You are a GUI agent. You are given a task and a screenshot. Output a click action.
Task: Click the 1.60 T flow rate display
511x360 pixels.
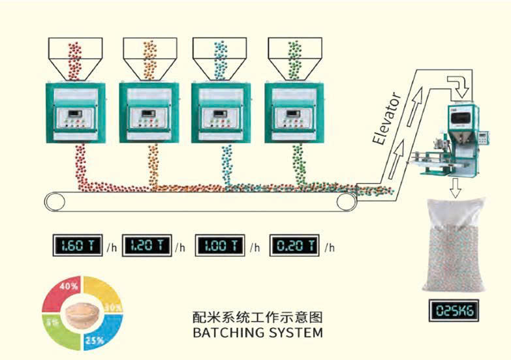78,246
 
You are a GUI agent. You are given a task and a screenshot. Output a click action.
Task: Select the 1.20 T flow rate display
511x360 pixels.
147,246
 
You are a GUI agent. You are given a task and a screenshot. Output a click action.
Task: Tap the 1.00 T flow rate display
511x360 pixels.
221,246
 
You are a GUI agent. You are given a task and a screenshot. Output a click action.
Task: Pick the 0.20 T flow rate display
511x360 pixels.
295,246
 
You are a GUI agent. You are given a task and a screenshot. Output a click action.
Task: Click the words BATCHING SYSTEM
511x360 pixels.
258,333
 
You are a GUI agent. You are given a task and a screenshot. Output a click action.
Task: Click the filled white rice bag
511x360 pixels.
456,245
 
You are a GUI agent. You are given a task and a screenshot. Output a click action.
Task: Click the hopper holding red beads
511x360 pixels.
74,55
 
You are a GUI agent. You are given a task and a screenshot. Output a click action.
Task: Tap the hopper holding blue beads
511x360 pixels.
219,55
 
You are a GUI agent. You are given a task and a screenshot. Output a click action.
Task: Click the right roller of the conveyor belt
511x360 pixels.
347,202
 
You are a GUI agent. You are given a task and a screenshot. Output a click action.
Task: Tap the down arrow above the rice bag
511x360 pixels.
456,188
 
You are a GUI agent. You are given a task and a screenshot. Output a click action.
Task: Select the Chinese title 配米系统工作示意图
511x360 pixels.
258,318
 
